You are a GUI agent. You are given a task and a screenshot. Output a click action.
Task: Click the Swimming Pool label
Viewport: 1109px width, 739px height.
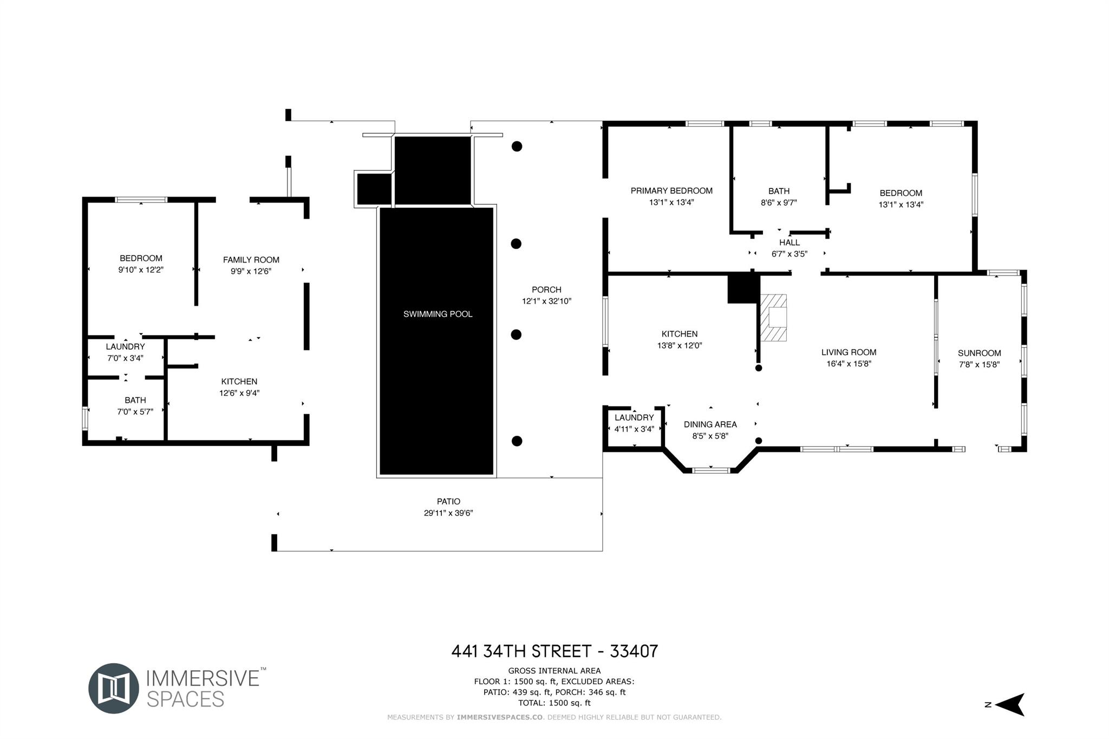coord(438,314)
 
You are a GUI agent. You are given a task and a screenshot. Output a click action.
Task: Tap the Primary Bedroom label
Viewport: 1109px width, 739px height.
coord(671,191)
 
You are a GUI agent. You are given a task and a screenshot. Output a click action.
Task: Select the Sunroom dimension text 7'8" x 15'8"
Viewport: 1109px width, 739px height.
coord(979,365)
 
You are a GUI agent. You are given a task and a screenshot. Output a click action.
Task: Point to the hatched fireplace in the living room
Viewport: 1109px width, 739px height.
coord(773,317)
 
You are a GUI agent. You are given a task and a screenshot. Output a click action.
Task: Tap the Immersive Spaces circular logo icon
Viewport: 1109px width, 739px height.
coord(114,688)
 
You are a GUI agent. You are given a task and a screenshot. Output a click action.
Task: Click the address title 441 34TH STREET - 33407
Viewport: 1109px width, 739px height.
coord(554,651)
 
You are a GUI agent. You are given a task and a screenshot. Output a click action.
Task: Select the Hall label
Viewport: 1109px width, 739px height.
coord(790,243)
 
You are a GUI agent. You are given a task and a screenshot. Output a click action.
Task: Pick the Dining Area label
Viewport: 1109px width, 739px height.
coord(710,424)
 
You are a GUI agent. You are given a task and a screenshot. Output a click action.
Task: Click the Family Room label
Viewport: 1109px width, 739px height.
coord(251,260)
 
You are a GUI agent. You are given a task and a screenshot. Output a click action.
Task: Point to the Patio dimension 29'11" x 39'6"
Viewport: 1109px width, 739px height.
coord(448,513)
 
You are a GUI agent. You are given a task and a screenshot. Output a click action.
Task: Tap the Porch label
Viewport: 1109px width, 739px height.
coord(546,290)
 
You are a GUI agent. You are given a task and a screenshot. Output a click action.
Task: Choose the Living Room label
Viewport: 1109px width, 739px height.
coord(849,352)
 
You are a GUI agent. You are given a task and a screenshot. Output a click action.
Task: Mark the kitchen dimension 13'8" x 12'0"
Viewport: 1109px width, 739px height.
coord(680,346)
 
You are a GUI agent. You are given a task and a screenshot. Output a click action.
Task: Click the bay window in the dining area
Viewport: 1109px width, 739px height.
coord(711,470)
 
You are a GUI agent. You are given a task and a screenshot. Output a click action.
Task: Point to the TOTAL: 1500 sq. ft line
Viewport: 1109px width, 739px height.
coord(554,703)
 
